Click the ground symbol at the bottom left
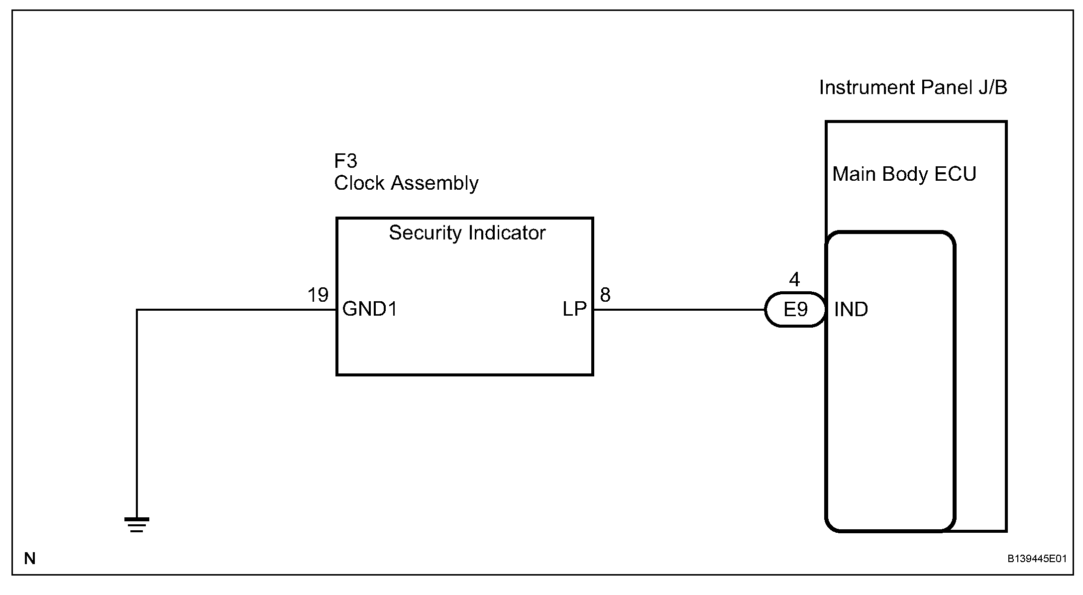pyautogui.click(x=137, y=525)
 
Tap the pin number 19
pyautogui.click(x=318, y=295)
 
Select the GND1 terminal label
pyautogui.click(x=370, y=310)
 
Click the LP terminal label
pyautogui.click(x=574, y=310)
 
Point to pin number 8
pyautogui.click(x=605, y=295)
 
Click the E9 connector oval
pyautogui.click(x=795, y=310)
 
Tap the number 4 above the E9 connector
pyautogui.click(x=794, y=280)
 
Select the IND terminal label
pyautogui.click(x=851, y=310)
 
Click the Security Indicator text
pyautogui.click(x=467, y=233)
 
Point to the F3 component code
pyautogui.click(x=345, y=161)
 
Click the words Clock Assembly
pyautogui.click(x=406, y=183)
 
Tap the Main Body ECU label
pyautogui.click(x=904, y=174)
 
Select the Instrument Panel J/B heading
pyautogui.click(x=913, y=88)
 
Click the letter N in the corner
pyautogui.click(x=30, y=559)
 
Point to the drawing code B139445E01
pyautogui.click(x=1037, y=559)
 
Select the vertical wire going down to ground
pyautogui.click(x=137, y=413)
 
